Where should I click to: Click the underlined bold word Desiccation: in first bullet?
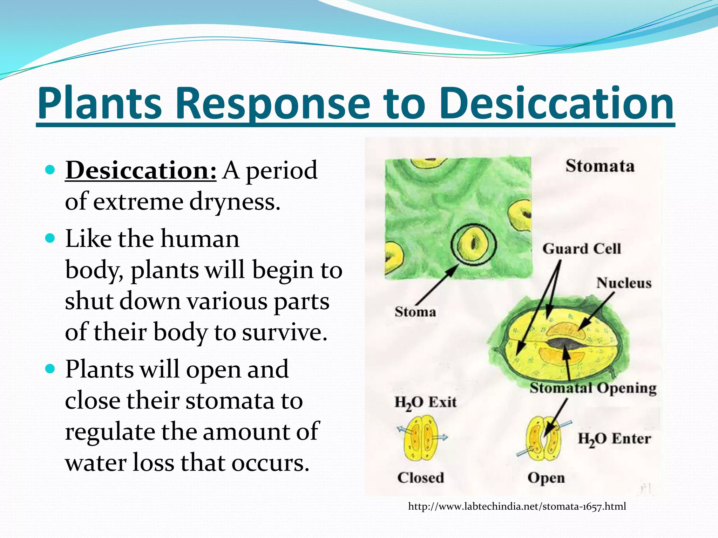coord(141,171)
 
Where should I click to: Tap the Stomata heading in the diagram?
coord(600,166)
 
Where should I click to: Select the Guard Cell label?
coord(582,249)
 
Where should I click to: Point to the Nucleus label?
coord(624,283)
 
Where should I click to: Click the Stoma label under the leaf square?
coord(415,312)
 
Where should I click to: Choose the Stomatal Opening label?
coord(593,388)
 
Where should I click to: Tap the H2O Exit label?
coord(425,402)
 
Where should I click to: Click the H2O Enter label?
coord(614,439)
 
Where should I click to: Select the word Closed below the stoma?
coord(420,478)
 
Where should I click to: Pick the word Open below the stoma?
coord(546,478)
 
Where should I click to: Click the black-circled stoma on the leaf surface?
coord(473,243)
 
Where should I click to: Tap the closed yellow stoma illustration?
coord(421,438)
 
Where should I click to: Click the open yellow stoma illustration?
coord(543,439)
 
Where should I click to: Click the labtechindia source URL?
coord(517,506)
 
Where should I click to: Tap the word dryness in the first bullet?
coord(235,202)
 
